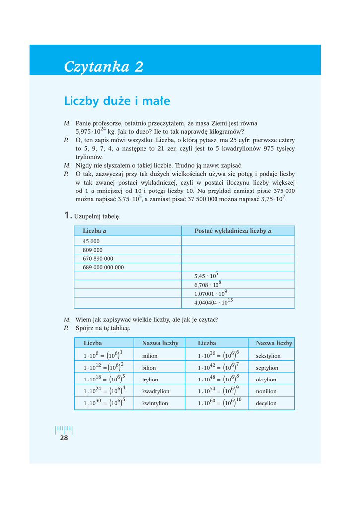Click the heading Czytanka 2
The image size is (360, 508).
(x=103, y=67)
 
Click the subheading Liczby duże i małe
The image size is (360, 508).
(x=117, y=101)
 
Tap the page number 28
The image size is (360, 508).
(x=64, y=438)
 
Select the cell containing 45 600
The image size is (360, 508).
(x=91, y=241)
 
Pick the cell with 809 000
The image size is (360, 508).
(x=93, y=250)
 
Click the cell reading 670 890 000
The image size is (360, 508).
(x=98, y=259)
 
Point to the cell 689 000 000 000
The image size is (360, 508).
(x=103, y=268)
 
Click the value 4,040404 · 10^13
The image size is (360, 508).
(x=214, y=303)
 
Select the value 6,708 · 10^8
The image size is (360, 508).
(x=208, y=285)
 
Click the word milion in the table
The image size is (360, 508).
(x=149, y=356)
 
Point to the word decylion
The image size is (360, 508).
(x=266, y=404)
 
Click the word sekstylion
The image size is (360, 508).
(x=268, y=356)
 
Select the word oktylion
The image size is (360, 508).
(x=266, y=380)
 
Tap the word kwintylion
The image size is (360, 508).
(x=155, y=404)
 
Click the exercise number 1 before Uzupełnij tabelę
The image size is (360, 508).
(x=67, y=216)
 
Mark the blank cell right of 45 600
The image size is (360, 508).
(x=237, y=241)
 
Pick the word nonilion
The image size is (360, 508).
(x=266, y=392)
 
